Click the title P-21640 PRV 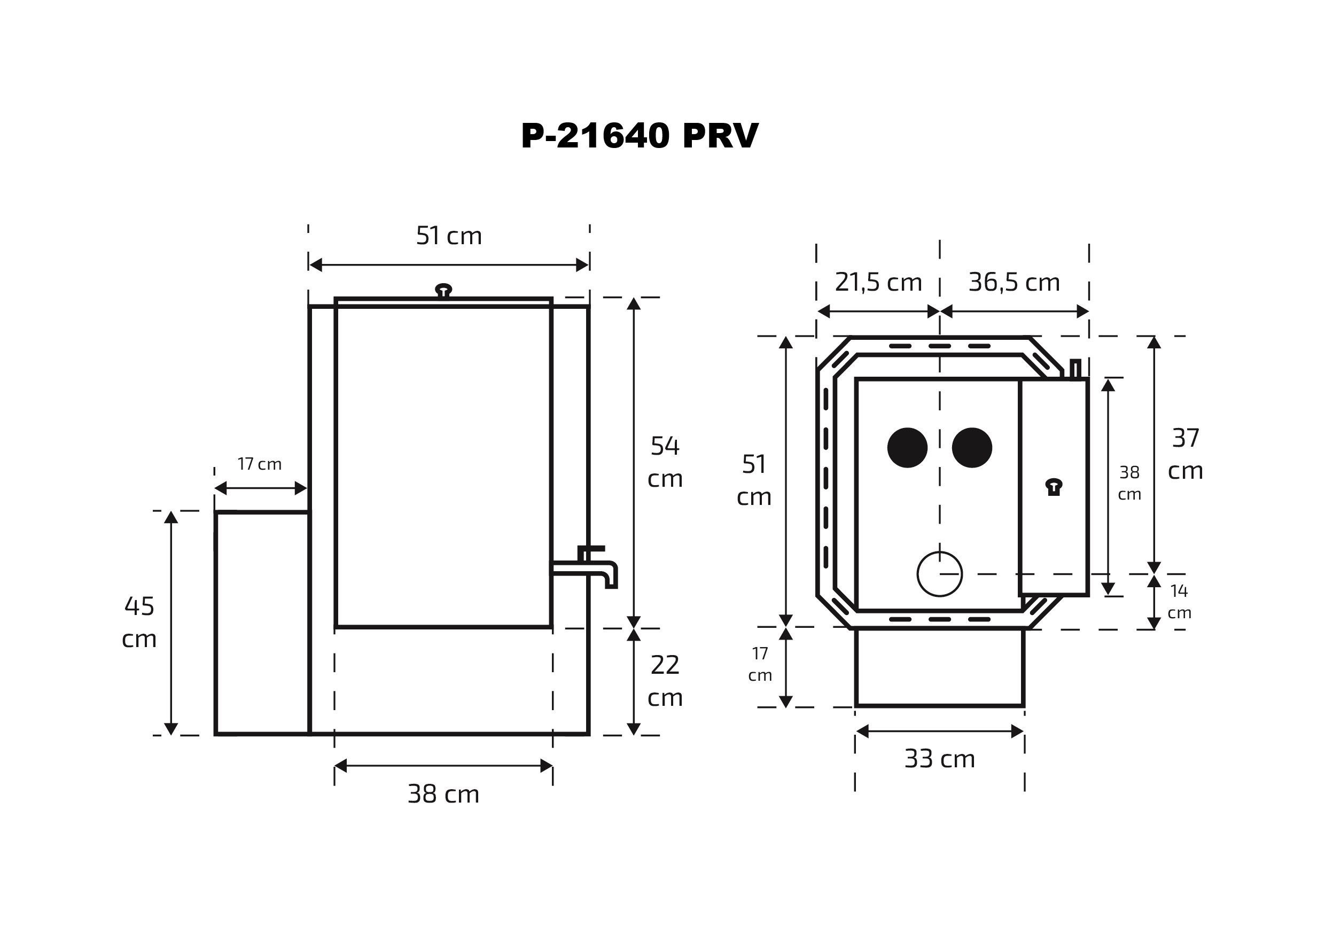point(640,136)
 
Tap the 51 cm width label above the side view point(449,236)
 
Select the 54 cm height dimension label point(665,462)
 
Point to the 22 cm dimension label point(665,681)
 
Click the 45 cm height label point(139,622)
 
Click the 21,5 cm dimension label point(878,282)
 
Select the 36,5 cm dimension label point(1014,282)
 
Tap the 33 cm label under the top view point(939,759)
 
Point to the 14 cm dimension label point(1179,602)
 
